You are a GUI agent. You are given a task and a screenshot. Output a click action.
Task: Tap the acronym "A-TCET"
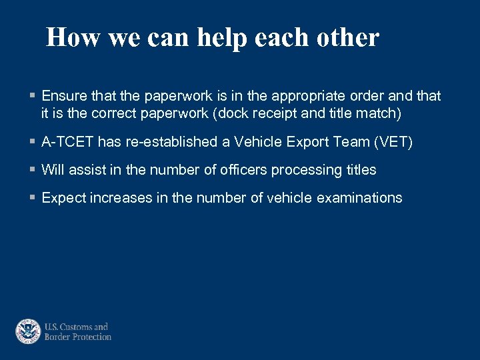[67, 142]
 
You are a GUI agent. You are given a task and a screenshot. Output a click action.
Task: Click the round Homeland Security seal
[28, 331]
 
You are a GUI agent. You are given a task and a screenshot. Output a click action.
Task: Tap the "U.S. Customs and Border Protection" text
[77, 331]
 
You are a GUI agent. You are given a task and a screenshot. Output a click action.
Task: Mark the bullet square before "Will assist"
[33, 170]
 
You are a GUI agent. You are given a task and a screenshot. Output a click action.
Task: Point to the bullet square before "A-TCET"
[33, 142]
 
